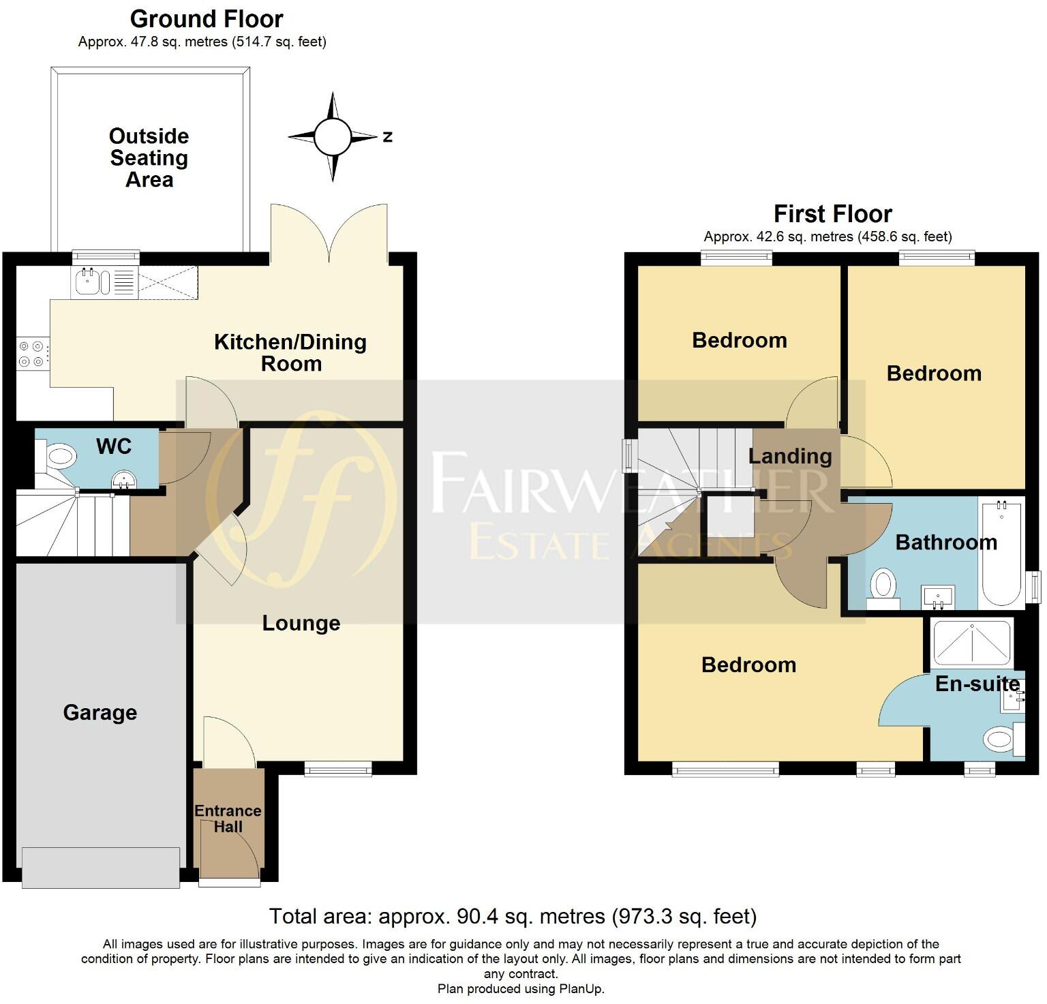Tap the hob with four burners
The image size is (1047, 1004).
click(x=31, y=354)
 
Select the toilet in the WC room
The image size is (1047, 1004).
click(x=59, y=456)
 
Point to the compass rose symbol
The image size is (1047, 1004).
click(x=332, y=137)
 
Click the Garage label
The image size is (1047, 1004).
click(x=100, y=712)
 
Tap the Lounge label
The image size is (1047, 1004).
click(x=301, y=623)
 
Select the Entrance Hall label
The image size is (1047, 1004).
click(x=228, y=819)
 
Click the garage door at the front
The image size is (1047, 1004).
click(x=101, y=867)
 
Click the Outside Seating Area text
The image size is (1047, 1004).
click(x=149, y=157)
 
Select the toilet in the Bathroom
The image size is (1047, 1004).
click(x=883, y=587)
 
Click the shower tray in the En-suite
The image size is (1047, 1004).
click(x=971, y=641)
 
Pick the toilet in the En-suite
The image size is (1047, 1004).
click(x=1002, y=739)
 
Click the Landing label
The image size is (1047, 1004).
click(x=790, y=456)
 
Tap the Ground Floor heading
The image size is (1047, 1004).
click(x=207, y=19)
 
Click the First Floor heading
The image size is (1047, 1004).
click(x=832, y=214)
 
